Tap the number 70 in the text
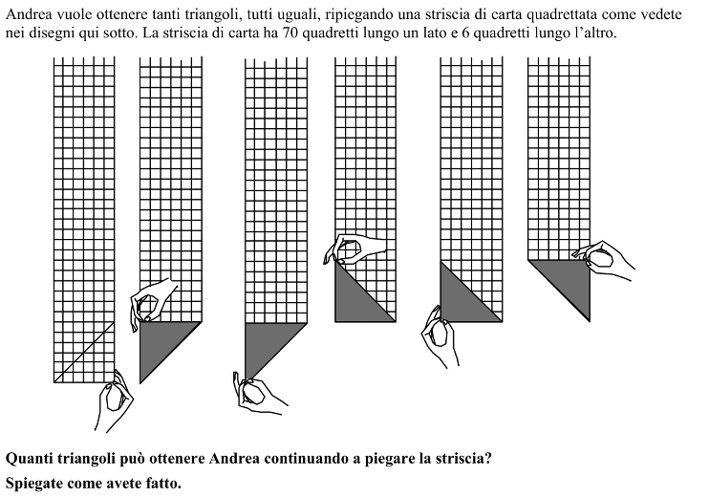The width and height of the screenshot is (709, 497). (x=291, y=33)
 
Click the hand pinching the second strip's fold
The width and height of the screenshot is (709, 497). (x=152, y=303)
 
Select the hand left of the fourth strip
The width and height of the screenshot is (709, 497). (x=352, y=249)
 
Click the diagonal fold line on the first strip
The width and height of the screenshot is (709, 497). (x=84, y=353)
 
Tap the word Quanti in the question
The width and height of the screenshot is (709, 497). (x=30, y=459)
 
